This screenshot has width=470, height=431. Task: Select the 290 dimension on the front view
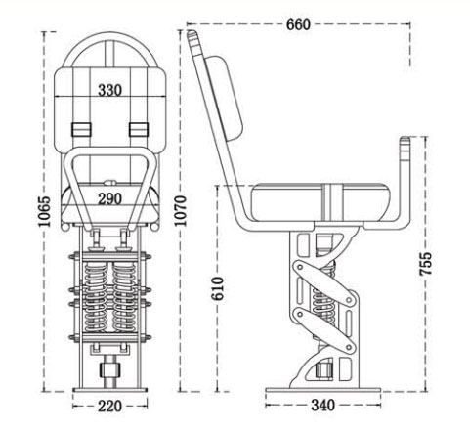[108, 198]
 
